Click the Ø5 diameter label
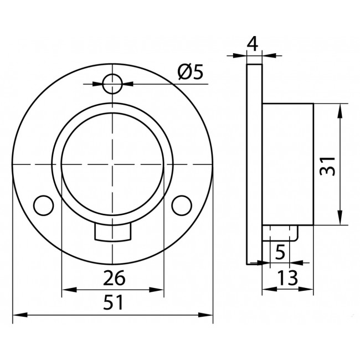pyautogui.click(x=191, y=71)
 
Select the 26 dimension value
pyautogui.click(x=114, y=278)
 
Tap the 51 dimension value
pyautogui.click(x=113, y=302)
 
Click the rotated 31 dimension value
pyautogui.click(x=328, y=166)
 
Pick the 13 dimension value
pyautogui.click(x=287, y=277)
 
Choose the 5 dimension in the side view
pyautogui.click(x=280, y=252)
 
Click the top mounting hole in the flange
pyautogui.click(x=112, y=84)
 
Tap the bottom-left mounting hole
pyautogui.click(x=44, y=205)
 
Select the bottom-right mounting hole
pyautogui.click(x=182, y=205)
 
